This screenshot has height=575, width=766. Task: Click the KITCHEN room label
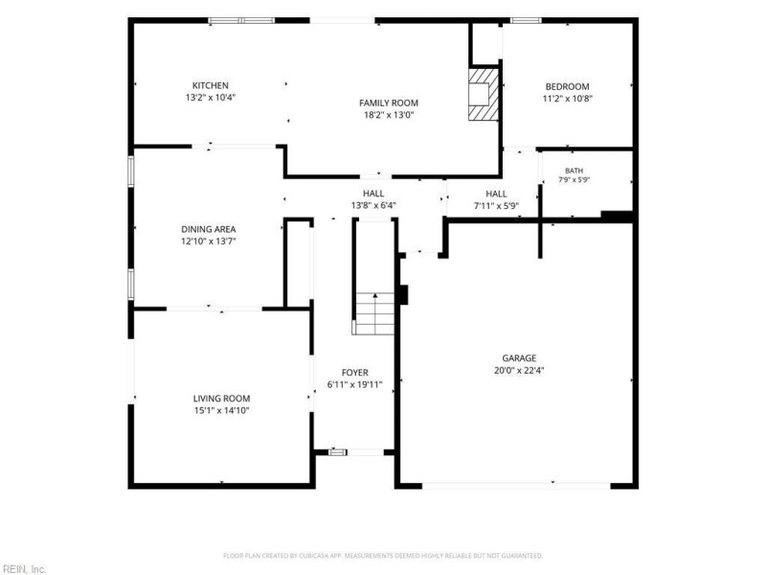[x=210, y=85]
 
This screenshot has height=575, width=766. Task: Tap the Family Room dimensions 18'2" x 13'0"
[x=389, y=115]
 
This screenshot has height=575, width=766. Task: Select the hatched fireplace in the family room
[x=484, y=94]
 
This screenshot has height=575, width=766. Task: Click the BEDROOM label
[x=567, y=87]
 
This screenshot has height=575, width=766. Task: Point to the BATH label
[x=574, y=171]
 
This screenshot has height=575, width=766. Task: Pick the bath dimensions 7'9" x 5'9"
[x=574, y=180]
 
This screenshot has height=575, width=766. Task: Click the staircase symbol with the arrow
[x=374, y=313]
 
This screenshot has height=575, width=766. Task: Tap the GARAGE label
[x=519, y=358]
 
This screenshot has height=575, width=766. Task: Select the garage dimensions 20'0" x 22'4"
[x=519, y=371]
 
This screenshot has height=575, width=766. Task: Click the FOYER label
[x=355, y=373]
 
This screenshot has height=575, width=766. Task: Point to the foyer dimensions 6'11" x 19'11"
[x=354, y=385]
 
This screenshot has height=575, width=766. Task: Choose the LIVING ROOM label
[x=221, y=399]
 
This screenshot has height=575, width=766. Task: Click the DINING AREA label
[x=209, y=229]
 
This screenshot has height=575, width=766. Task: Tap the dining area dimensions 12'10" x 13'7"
[x=209, y=241]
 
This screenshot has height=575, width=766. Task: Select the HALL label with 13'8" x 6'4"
[x=373, y=194]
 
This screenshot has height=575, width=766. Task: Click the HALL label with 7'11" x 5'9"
[x=496, y=195]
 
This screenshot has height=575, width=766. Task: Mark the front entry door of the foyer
[x=356, y=452]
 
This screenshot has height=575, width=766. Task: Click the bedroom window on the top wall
[x=526, y=20]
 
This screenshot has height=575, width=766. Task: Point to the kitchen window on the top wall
[x=242, y=20]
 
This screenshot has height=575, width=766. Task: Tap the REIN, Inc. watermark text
[x=23, y=569]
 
